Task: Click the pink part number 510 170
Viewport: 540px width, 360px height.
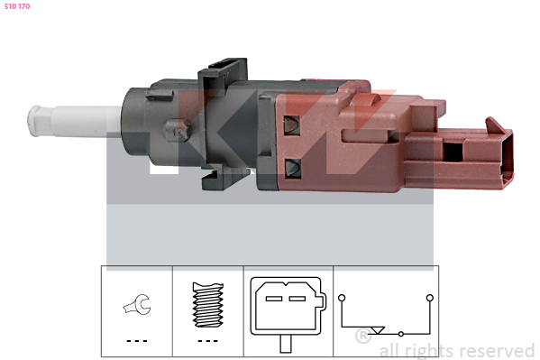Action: point(17,6)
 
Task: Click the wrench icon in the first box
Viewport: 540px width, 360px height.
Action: point(137,304)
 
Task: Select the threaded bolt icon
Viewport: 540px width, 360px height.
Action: point(208,305)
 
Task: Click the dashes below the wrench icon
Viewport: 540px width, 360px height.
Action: point(137,341)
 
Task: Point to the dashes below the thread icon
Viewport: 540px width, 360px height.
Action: point(207,341)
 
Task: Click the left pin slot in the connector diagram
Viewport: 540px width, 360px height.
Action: point(274,299)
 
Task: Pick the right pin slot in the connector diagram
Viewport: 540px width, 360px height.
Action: point(297,299)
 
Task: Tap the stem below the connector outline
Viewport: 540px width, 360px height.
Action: point(286,344)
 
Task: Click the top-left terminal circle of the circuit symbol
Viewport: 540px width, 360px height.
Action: point(342,298)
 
